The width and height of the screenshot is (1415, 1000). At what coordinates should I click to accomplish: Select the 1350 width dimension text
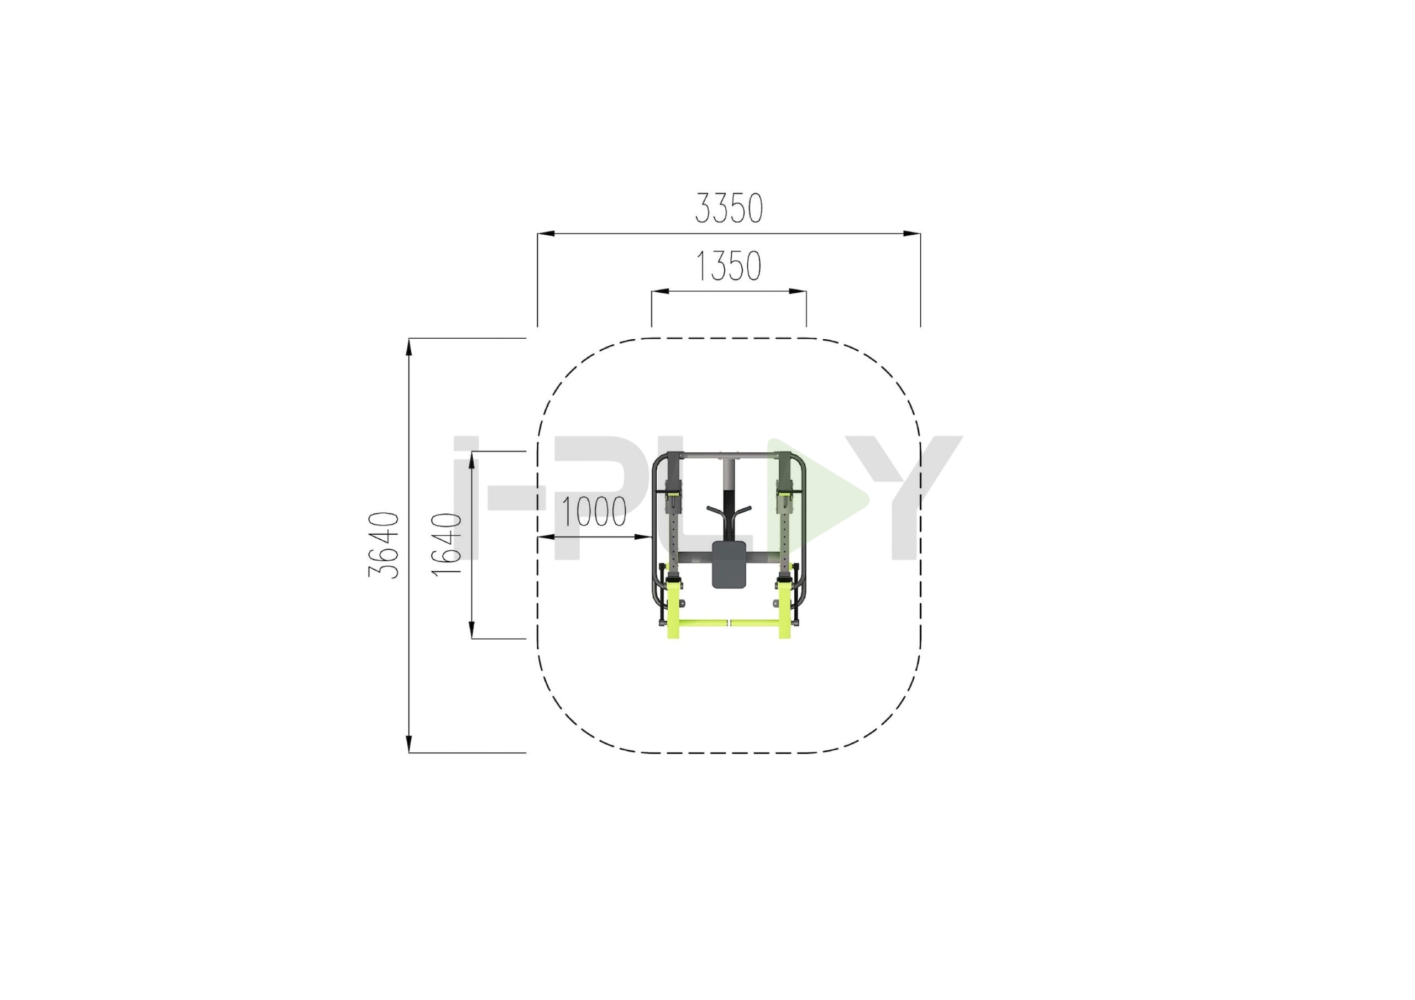pyautogui.click(x=729, y=266)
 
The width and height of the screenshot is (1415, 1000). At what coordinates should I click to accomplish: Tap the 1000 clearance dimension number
pyautogui.click(x=594, y=512)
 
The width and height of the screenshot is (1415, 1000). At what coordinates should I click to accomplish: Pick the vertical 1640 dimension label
pyautogui.click(x=447, y=545)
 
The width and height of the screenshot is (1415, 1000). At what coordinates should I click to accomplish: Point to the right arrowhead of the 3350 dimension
pyautogui.click(x=912, y=234)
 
